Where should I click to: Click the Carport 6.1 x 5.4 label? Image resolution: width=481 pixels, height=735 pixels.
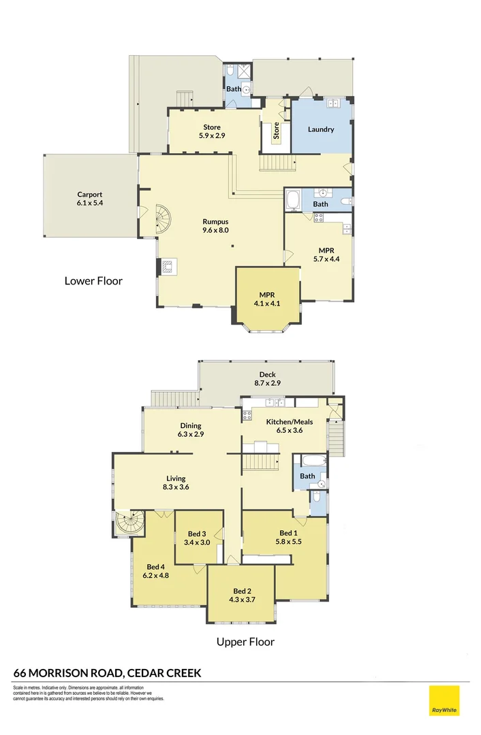coord(90,199)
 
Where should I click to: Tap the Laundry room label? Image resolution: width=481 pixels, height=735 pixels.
coord(320,129)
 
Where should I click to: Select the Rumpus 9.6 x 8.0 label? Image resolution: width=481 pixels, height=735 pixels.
coord(215,226)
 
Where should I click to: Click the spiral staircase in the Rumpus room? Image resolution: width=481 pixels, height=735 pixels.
coord(165,219)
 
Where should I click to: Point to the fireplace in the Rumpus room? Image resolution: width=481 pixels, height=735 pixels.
coord(169,265)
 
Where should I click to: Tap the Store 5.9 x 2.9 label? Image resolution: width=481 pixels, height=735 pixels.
coord(211,131)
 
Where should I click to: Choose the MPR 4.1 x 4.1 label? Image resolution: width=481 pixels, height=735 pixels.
coord(267,299)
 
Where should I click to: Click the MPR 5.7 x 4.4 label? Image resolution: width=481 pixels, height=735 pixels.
coord(326,255)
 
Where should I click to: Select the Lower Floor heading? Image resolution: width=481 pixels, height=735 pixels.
coord(93,280)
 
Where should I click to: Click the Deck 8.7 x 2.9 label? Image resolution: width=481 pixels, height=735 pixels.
coord(266,379)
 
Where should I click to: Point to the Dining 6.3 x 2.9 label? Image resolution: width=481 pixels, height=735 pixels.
coord(191,430)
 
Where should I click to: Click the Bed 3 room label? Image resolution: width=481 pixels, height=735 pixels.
coord(197,538)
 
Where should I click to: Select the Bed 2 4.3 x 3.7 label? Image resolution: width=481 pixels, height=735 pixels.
coord(243,595)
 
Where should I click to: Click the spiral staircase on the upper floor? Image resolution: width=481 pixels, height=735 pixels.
coord(129,524)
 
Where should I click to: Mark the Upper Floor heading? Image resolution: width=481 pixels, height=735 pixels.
coord(245,641)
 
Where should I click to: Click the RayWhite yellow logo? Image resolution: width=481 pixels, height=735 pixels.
coord(444,700)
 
